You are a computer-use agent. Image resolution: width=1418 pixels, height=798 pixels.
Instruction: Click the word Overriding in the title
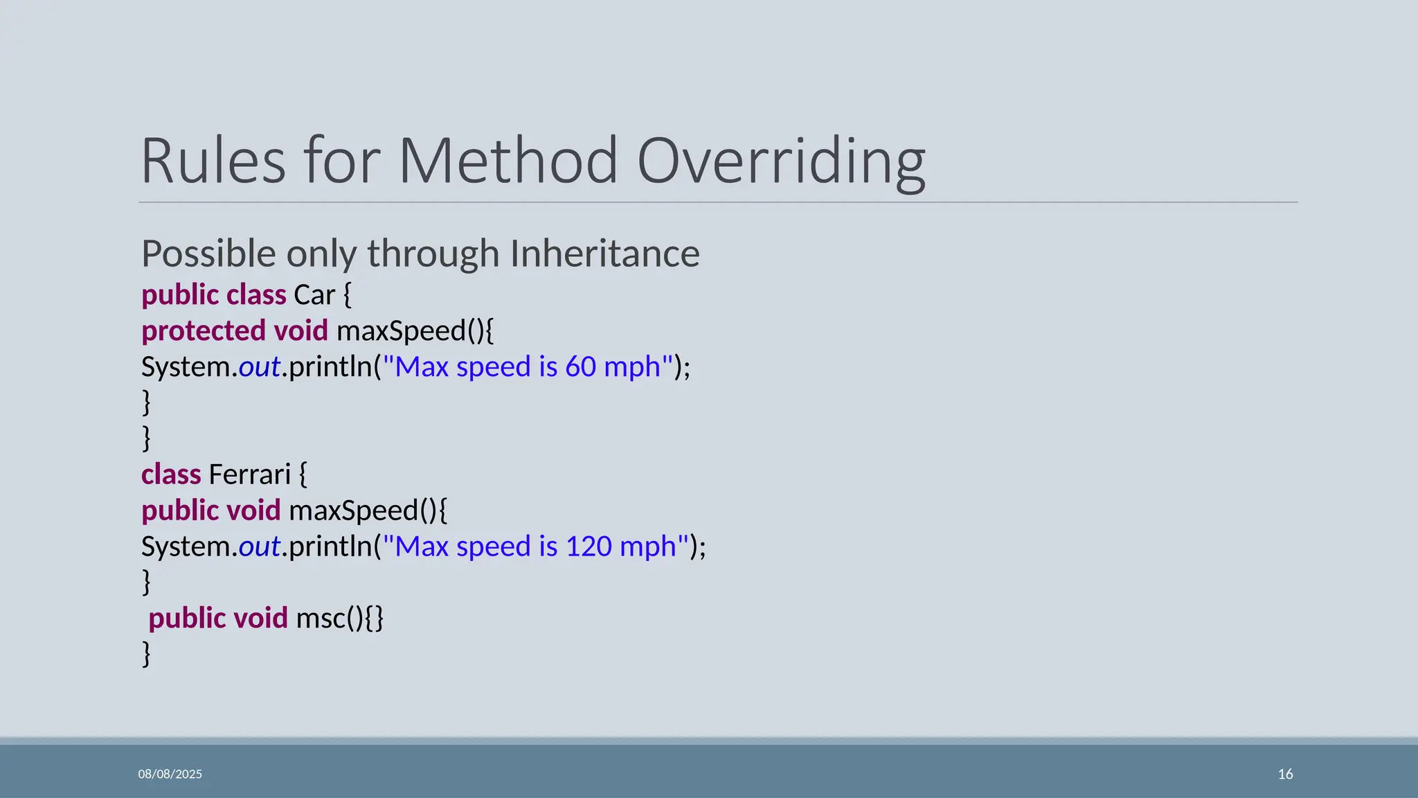(x=780, y=161)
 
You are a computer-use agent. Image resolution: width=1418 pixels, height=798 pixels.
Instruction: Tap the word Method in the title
(x=508, y=161)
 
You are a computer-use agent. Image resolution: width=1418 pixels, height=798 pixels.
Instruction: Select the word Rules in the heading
(x=213, y=161)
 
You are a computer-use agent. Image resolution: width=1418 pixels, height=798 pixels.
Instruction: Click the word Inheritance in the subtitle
(x=604, y=254)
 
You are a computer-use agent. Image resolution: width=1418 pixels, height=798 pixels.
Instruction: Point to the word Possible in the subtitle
(x=209, y=254)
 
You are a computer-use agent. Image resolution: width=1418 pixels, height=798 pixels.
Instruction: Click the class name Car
(x=314, y=295)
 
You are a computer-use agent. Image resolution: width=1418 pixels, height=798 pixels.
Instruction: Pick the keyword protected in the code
(x=204, y=331)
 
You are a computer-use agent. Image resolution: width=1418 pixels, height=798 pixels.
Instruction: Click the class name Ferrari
(x=249, y=475)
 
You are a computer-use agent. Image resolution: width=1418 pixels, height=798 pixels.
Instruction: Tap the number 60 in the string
(x=580, y=367)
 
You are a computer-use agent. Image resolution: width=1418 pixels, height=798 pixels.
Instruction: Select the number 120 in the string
(x=589, y=547)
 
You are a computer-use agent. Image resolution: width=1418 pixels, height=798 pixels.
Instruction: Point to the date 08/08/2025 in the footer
(x=170, y=774)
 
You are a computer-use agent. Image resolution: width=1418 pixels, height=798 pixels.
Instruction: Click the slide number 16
(x=1285, y=774)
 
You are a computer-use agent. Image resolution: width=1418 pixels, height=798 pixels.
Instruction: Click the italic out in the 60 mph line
(x=260, y=367)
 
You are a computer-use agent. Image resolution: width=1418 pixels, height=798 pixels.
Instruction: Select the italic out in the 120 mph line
(x=260, y=547)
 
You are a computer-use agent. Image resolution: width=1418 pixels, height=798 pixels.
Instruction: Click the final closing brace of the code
(x=146, y=653)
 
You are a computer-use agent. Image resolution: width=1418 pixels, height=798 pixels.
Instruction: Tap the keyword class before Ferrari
(x=171, y=475)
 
